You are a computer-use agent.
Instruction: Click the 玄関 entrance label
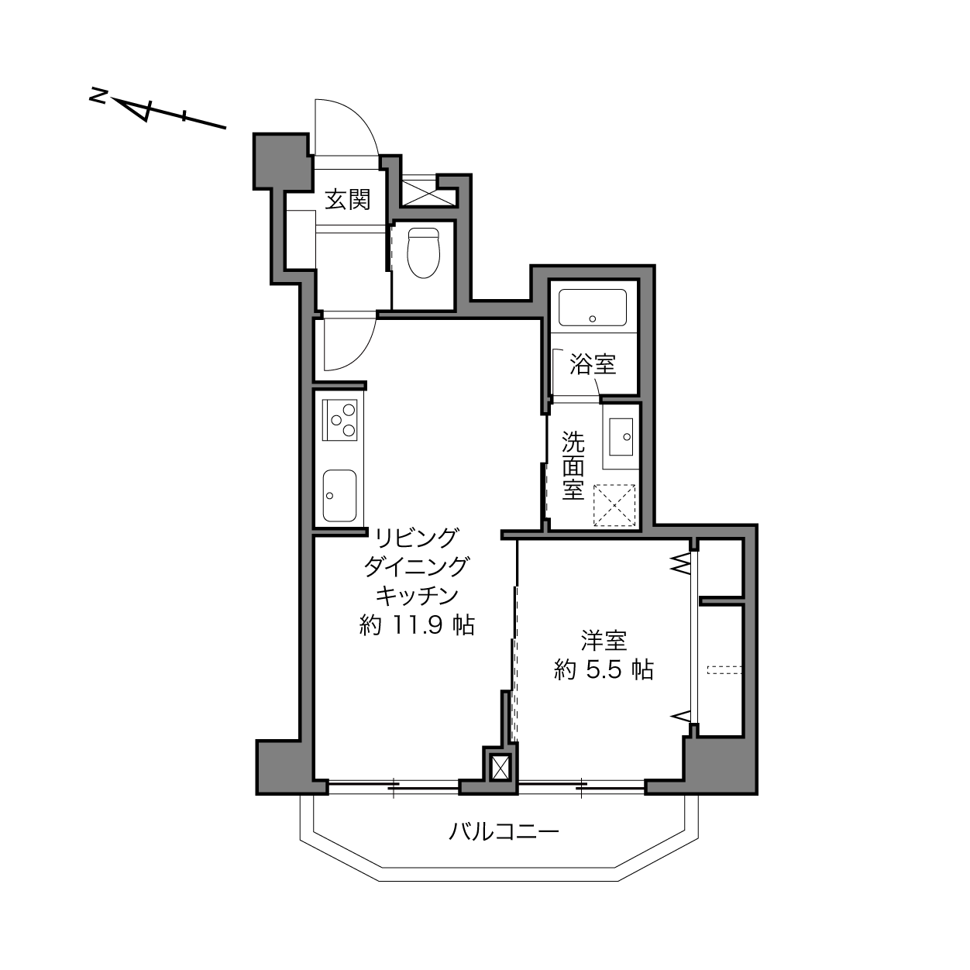347,200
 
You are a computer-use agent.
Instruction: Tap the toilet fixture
423,253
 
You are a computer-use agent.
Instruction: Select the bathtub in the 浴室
593,308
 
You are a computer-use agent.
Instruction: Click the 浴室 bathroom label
593,364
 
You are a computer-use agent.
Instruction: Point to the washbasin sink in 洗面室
621,436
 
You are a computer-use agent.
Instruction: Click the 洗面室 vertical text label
573,466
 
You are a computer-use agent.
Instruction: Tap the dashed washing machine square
614,505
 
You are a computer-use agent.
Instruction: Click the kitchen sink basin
340,496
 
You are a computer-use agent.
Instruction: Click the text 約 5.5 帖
604,670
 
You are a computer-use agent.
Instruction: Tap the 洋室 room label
604,641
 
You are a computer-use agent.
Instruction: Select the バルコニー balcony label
504,831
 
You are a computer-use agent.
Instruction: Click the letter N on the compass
98,95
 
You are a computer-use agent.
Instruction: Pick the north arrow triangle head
134,109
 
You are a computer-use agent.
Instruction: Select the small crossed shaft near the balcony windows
500,768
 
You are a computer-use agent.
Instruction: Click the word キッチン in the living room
418,596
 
